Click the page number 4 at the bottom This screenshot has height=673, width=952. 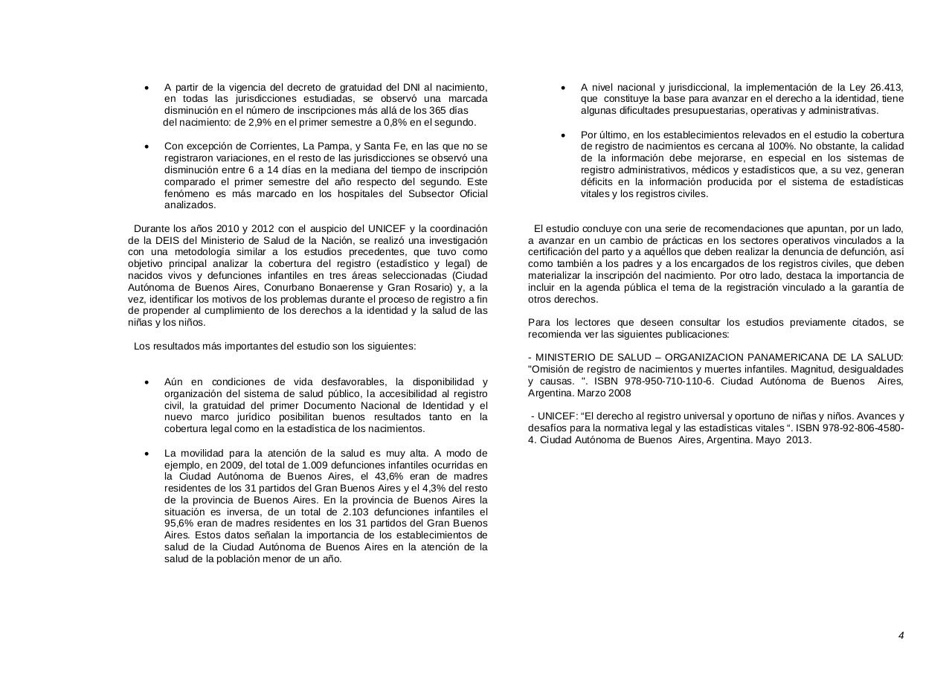tap(901, 635)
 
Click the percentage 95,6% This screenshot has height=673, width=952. tap(178, 524)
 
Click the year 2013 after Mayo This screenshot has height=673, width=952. tap(798, 439)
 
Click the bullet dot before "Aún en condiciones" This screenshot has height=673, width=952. tap(147, 382)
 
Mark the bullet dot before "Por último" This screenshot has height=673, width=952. tap(564, 135)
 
